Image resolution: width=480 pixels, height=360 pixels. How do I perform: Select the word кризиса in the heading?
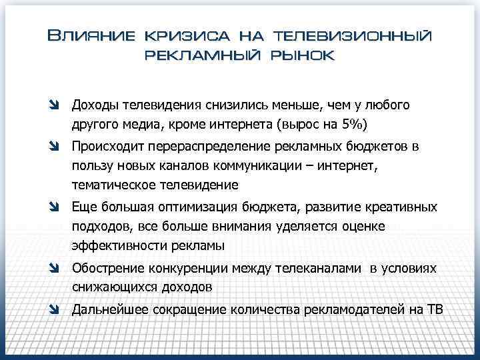pyautogui.click(x=180, y=35)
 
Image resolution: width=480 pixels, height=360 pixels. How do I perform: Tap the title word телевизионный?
pyautogui.click(x=352, y=35)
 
